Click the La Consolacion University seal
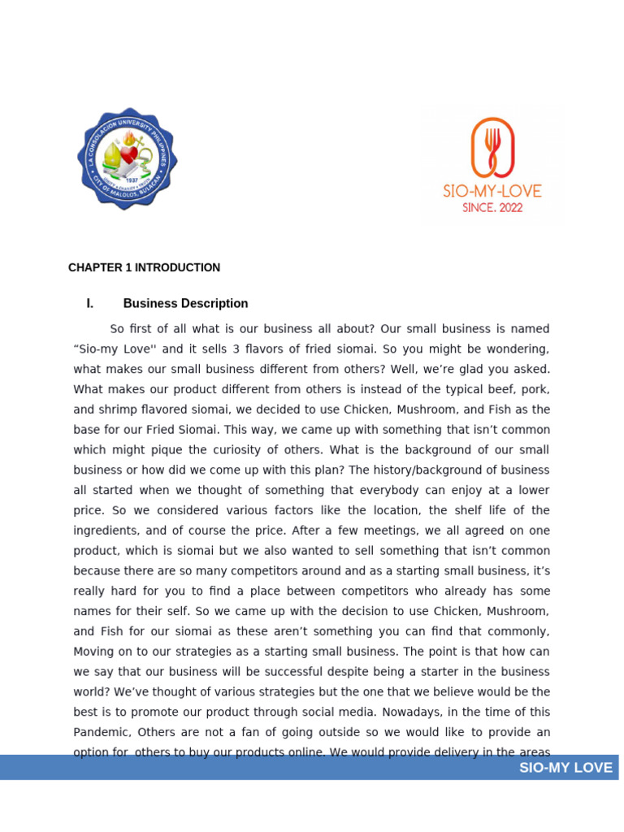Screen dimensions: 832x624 pyautogui.click(x=128, y=158)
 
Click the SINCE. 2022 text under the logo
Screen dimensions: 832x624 pyautogui.click(x=492, y=208)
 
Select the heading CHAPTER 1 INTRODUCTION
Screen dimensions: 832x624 pyautogui.click(x=144, y=267)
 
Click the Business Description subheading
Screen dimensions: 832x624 pyautogui.click(x=185, y=303)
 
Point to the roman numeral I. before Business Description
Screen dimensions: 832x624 pyautogui.click(x=90, y=303)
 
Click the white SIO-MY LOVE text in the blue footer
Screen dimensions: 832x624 pyautogui.click(x=565, y=768)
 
